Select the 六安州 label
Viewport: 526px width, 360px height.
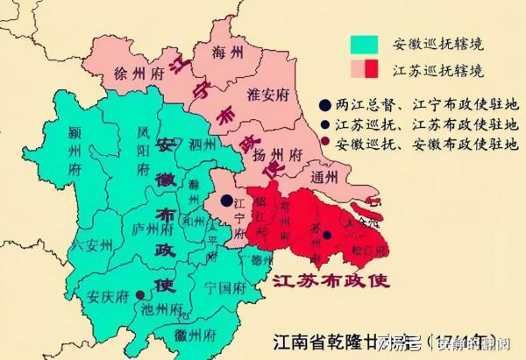coord(93,244)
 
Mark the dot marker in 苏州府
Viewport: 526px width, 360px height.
coord(326,234)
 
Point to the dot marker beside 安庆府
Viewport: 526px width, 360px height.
coord(142,307)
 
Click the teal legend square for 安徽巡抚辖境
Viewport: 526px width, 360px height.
coord(362,44)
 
